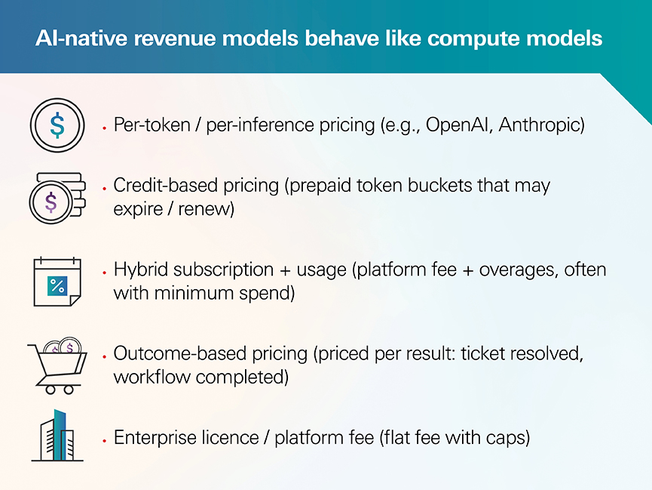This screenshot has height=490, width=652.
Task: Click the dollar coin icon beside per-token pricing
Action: pyautogui.click(x=57, y=125)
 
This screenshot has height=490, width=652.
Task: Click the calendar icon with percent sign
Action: pyautogui.click(x=57, y=282)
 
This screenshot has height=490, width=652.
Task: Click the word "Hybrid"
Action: pyautogui.click(x=140, y=270)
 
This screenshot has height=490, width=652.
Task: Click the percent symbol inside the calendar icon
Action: pyautogui.click(x=57, y=286)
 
